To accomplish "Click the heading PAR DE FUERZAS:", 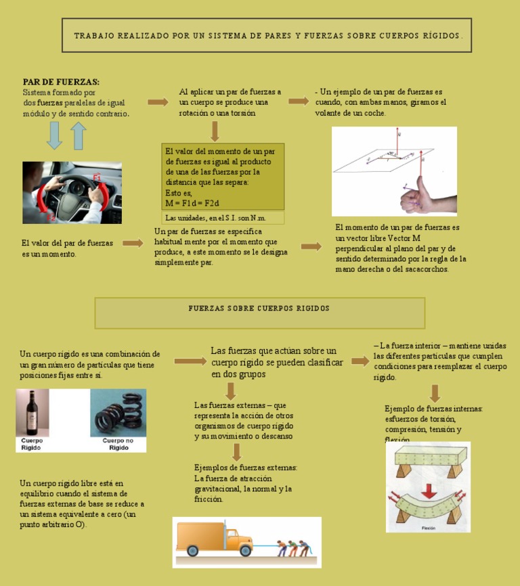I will [x=61, y=81].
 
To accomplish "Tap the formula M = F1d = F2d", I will [x=192, y=203].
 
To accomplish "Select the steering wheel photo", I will [x=72, y=192].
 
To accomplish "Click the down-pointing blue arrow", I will [x=54, y=136].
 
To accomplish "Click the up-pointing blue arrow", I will [x=79, y=136].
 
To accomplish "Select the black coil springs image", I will [x=118, y=413].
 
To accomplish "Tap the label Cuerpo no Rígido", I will [x=118, y=444].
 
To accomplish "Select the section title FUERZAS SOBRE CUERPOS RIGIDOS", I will [x=259, y=309].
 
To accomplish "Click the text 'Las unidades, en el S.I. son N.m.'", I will [x=215, y=218].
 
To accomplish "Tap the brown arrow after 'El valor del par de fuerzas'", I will [x=133, y=243].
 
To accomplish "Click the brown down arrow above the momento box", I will [x=215, y=131].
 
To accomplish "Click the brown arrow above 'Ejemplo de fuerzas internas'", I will [x=435, y=393].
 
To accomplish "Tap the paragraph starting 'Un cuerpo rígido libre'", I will [x=81, y=503].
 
